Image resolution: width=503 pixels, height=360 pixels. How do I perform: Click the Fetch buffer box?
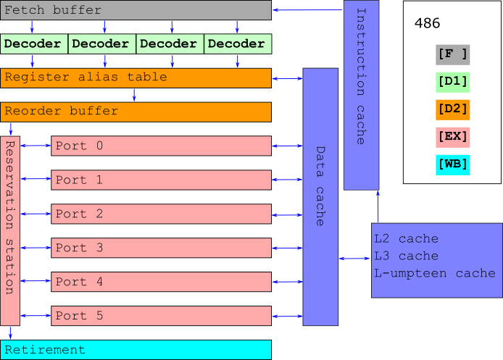(136, 10)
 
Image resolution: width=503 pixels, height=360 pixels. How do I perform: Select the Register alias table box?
(136, 78)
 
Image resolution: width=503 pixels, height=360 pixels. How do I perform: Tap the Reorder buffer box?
(136, 112)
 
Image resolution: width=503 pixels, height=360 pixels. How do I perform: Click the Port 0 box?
(161, 146)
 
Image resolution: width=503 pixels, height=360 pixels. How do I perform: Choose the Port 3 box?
(161, 248)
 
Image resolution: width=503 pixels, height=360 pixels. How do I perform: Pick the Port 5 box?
(161, 316)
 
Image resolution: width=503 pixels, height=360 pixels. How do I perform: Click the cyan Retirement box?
(136, 350)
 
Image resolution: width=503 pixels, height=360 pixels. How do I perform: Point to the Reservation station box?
(10, 231)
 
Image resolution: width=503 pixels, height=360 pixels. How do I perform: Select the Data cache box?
(320, 197)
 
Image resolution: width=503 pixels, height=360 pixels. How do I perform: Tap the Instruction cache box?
(361, 95)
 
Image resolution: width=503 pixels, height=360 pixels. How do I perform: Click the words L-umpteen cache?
(435, 274)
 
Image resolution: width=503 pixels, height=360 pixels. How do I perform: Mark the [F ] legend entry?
(453, 55)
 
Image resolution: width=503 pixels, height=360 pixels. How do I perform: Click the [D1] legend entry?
(453, 83)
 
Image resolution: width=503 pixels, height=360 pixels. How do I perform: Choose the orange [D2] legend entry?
(453, 110)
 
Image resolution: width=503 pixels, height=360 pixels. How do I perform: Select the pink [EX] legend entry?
(453, 138)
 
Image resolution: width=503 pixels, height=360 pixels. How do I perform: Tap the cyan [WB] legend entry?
(453, 165)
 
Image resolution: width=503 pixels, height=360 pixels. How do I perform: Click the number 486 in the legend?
(427, 23)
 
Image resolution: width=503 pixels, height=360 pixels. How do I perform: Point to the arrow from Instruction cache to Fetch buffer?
(307, 10)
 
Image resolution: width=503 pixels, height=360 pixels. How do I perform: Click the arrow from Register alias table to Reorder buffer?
(134, 95)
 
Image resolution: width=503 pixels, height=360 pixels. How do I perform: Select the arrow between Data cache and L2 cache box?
(354, 259)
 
